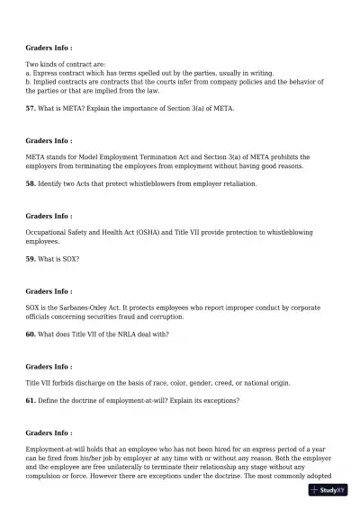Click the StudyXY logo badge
pyautogui.click(x=328, y=490)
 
